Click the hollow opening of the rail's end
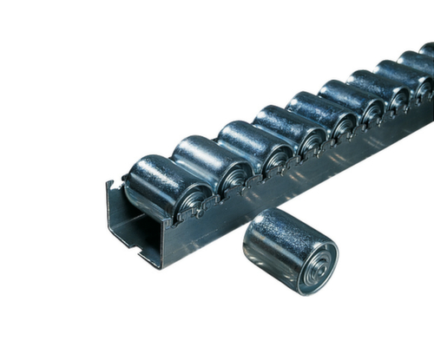[130, 230]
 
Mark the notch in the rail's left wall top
[111, 184]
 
